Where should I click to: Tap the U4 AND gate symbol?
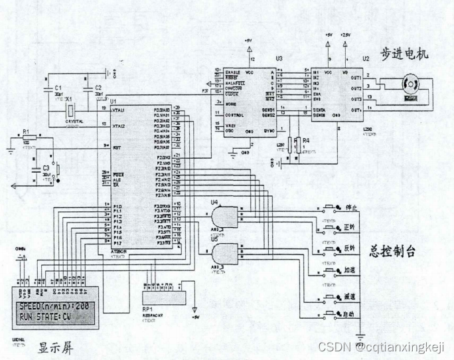pyautogui.click(x=224, y=217)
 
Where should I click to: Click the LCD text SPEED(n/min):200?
pyautogui.click(x=54, y=307)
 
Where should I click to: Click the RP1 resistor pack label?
pyautogui.click(x=147, y=309)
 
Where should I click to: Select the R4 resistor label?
pyautogui.click(x=306, y=140)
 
